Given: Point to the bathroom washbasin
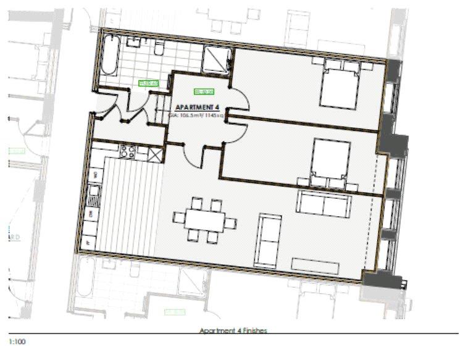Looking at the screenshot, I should (x=134, y=43).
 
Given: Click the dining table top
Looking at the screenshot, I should (x=204, y=219).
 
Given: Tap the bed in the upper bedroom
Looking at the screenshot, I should (x=339, y=86).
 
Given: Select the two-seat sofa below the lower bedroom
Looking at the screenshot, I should (x=324, y=204).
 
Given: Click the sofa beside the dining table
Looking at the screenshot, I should (x=268, y=238).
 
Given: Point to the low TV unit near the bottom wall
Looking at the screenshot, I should (x=315, y=266).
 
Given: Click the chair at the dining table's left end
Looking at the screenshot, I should (x=179, y=217).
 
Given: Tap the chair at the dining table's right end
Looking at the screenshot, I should (x=230, y=222).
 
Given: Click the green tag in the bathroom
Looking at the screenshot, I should (x=148, y=82).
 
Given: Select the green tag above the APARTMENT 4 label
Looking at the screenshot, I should (x=204, y=93).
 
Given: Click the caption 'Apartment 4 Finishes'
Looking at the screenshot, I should (x=233, y=331).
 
